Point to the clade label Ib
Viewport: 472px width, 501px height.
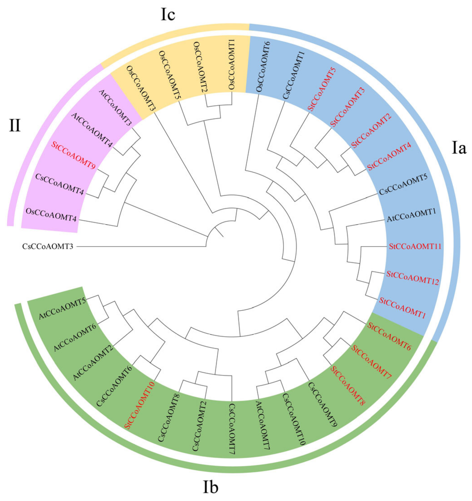coord(210,488)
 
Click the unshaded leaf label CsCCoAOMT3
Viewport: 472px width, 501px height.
coord(48,246)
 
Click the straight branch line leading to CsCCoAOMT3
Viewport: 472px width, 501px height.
coord(141,246)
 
